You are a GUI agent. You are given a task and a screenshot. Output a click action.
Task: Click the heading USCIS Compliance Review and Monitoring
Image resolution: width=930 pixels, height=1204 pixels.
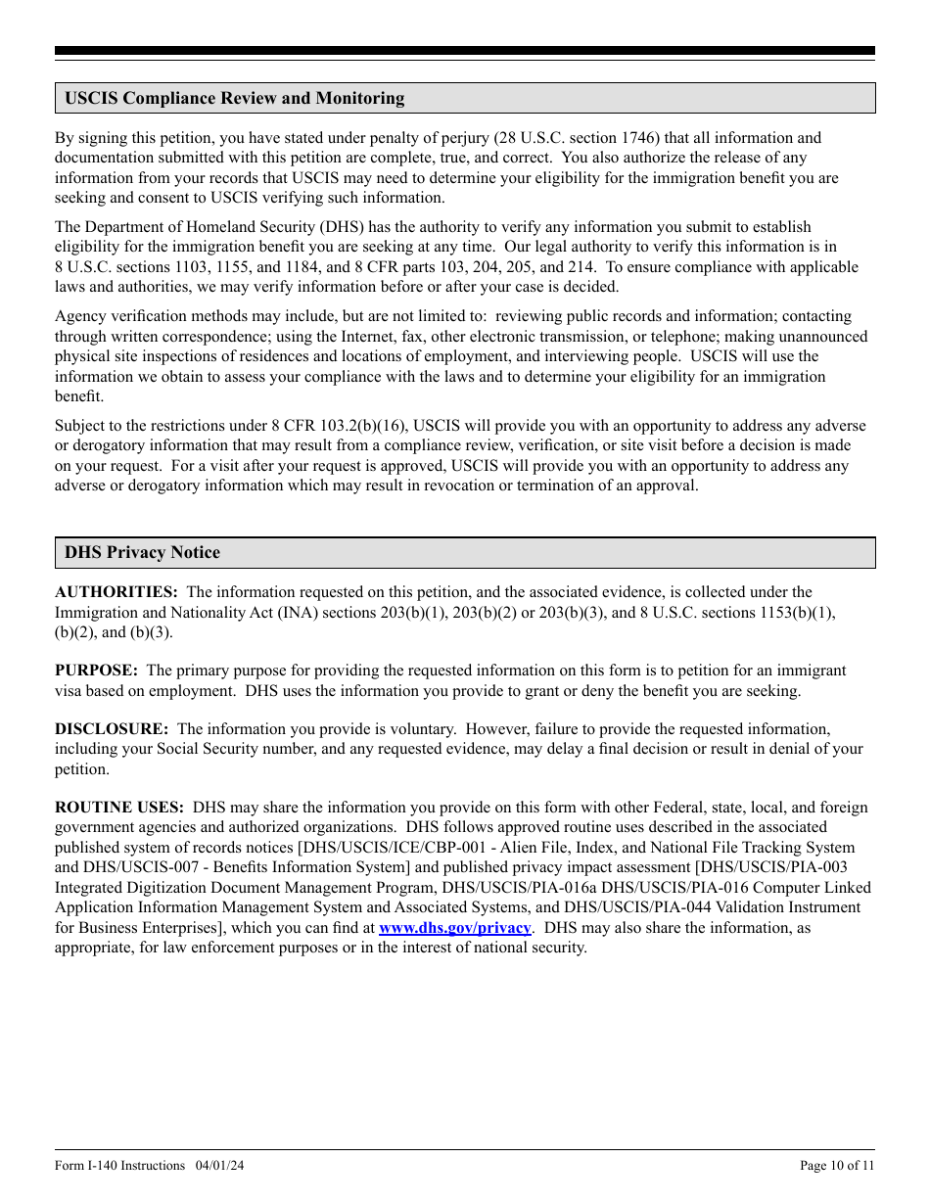234,98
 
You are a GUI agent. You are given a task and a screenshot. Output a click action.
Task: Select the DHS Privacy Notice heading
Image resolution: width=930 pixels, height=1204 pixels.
142,553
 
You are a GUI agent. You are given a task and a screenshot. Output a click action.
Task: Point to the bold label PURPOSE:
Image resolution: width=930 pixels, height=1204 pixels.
96,671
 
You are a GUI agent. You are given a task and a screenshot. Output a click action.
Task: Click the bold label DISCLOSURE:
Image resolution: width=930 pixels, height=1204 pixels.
112,729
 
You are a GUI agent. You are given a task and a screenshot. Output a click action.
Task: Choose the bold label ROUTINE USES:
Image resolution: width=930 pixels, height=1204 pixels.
119,808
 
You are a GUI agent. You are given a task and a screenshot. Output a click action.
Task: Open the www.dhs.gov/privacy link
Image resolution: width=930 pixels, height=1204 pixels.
454,928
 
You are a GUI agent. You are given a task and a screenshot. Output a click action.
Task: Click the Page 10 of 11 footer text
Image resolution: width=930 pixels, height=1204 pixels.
837,1165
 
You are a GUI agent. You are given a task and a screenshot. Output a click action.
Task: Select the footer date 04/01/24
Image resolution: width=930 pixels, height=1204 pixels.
219,1165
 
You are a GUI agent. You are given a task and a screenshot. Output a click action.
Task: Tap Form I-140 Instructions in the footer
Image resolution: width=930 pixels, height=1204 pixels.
119,1165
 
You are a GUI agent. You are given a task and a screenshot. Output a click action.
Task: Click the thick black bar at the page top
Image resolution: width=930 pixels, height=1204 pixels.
465,51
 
